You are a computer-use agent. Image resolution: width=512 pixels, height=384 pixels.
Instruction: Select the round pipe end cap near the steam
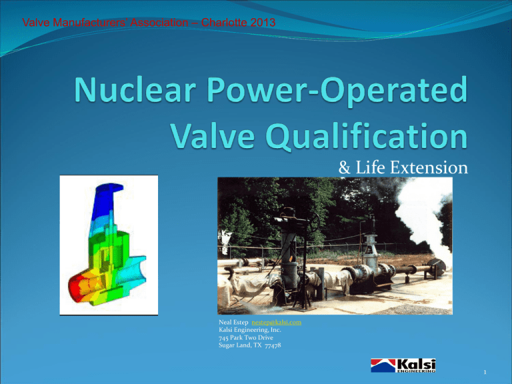(x=441, y=266)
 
